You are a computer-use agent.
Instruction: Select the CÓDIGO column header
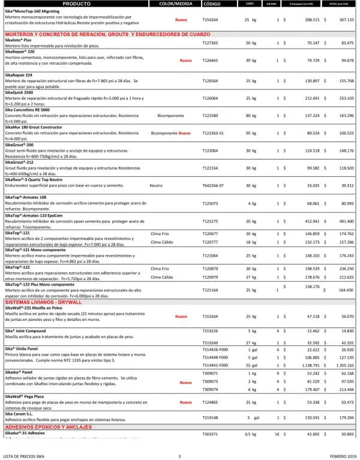coord(212,4)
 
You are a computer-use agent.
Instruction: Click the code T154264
coord(210,20)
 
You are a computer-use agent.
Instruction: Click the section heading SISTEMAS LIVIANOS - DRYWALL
coord(46,302)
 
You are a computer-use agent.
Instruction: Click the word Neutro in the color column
coord(156,186)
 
